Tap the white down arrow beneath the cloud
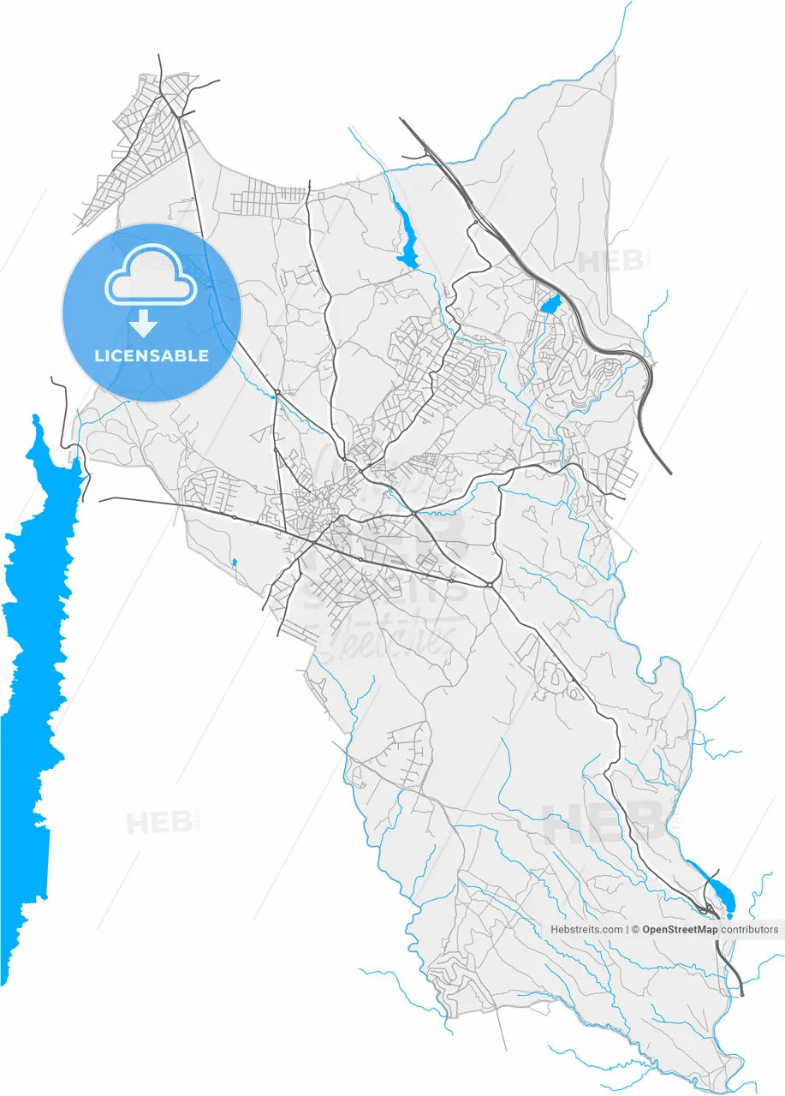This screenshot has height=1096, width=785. point(144,323)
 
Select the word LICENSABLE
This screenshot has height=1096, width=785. point(152,355)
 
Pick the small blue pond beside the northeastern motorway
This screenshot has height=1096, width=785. point(550,302)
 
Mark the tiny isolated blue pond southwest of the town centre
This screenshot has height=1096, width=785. point(234,563)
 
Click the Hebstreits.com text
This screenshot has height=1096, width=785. point(586,929)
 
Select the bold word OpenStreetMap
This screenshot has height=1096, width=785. point(680,929)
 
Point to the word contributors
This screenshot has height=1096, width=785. point(750,929)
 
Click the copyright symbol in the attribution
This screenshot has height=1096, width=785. point(636,929)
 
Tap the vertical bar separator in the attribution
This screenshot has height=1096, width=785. point(628,929)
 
